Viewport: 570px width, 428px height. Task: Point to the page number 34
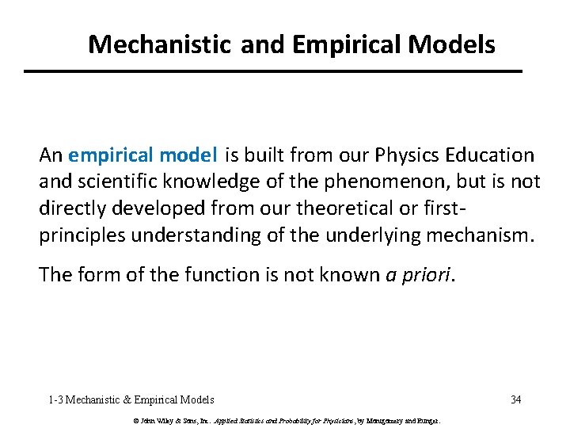coord(515,399)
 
